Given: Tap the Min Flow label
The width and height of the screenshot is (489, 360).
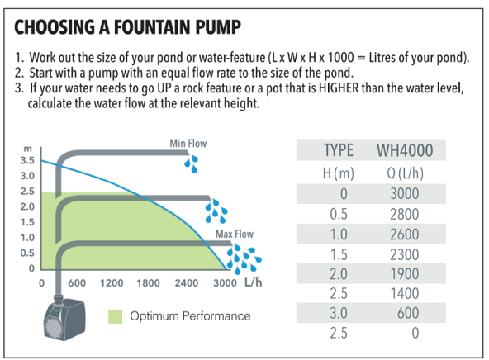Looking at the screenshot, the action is (188, 144).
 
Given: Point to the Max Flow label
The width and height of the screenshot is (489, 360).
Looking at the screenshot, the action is (235, 234).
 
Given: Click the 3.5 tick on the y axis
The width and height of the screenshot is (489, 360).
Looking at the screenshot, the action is (27, 160).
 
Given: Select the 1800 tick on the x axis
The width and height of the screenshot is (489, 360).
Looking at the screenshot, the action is (148, 283).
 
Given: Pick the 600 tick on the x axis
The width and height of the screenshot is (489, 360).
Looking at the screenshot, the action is (77, 283).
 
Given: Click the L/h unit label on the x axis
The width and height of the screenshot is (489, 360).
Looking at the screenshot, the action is (254, 282).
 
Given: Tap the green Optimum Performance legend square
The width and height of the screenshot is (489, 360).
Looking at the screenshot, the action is (116, 316).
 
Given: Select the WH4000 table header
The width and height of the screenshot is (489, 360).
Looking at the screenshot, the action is (405, 150).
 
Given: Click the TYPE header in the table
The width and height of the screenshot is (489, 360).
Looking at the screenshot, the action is (339, 150).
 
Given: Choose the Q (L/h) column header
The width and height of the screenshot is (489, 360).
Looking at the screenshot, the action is (405, 173).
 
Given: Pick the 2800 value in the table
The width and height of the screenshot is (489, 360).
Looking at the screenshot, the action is (404, 215).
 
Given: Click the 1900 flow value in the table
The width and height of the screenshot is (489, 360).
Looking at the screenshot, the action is (405, 274).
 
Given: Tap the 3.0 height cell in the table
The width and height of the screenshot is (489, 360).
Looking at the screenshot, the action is (339, 313).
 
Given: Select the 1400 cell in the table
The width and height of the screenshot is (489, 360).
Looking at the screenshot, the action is (405, 294).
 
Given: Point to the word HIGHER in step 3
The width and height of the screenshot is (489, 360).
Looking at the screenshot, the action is (339, 88).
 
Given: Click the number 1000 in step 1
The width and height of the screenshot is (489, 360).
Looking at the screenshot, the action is (341, 58).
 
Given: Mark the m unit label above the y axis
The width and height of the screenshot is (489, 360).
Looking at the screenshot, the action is (28, 149).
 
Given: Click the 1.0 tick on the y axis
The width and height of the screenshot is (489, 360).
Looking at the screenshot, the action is (27, 238).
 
